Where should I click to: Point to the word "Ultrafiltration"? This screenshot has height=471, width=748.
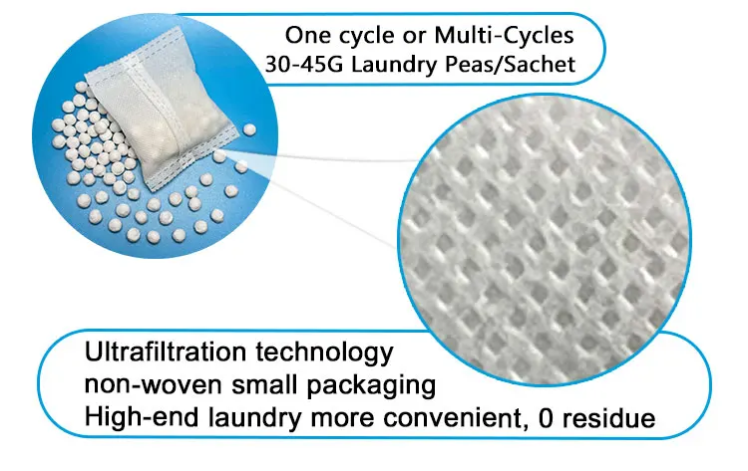[176, 353]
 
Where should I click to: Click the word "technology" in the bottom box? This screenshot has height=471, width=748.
[333, 353]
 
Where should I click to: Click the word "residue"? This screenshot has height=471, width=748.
[609, 418]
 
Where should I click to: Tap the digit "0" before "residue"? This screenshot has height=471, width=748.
[546, 418]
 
